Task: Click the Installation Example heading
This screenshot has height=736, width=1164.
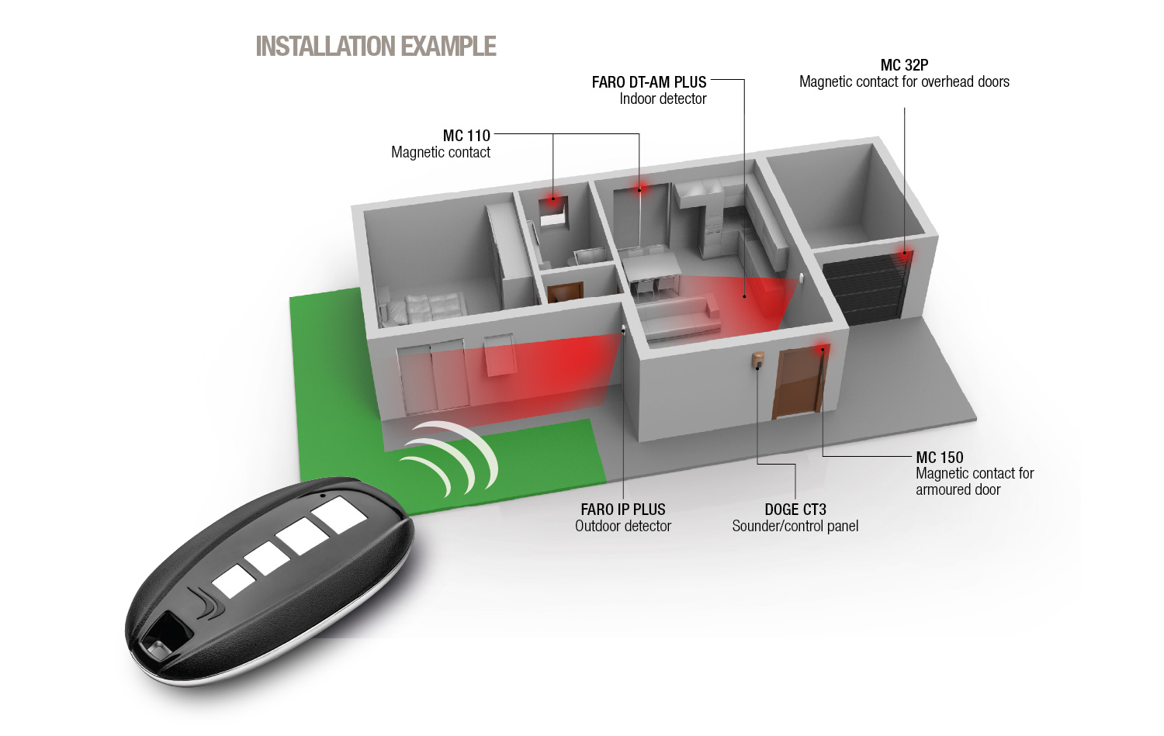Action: [x=376, y=47]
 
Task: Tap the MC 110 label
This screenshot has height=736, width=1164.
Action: [x=466, y=136]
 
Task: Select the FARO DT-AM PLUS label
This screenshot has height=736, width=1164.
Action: [x=649, y=82]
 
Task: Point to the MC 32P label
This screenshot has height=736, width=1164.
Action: [x=904, y=65]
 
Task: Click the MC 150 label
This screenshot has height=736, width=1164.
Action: [x=940, y=457]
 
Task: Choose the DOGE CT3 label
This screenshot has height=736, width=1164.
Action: [x=795, y=509]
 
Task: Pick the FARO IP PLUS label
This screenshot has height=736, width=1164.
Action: [x=623, y=509]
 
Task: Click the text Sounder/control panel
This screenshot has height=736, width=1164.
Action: [x=795, y=526]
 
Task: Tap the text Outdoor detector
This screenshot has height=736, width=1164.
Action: [x=623, y=526]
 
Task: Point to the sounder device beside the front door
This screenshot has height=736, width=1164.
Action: [x=758, y=361]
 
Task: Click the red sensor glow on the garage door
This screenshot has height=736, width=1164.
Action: [x=905, y=254]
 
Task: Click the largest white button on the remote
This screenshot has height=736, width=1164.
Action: [x=339, y=515]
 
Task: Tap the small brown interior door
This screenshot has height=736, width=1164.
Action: [x=566, y=292]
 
